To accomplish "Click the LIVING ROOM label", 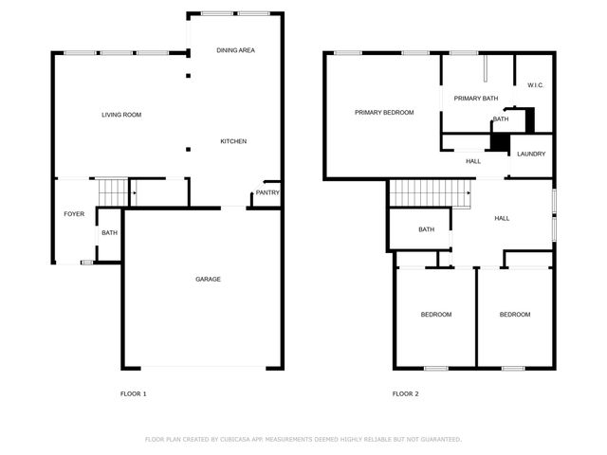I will (x=121, y=115).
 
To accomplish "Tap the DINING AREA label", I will (x=235, y=50).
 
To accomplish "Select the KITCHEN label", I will (x=233, y=141).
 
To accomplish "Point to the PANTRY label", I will (x=267, y=193).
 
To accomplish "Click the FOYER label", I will (x=74, y=214).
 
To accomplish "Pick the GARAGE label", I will (x=208, y=279).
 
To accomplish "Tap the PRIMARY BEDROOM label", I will (x=384, y=113).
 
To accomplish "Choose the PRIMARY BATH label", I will (x=476, y=99).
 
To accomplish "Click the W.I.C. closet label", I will (x=536, y=85).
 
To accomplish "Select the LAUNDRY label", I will (x=531, y=154).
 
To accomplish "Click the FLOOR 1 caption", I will (x=133, y=393).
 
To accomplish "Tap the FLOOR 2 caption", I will (x=405, y=393).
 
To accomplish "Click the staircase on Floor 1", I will (x=110, y=191).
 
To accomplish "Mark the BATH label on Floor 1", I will (x=109, y=233).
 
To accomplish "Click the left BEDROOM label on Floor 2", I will (x=436, y=315).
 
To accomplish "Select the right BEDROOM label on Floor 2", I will (x=515, y=315).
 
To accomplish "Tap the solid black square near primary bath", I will (x=498, y=140).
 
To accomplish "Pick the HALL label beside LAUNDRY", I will (x=473, y=161).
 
